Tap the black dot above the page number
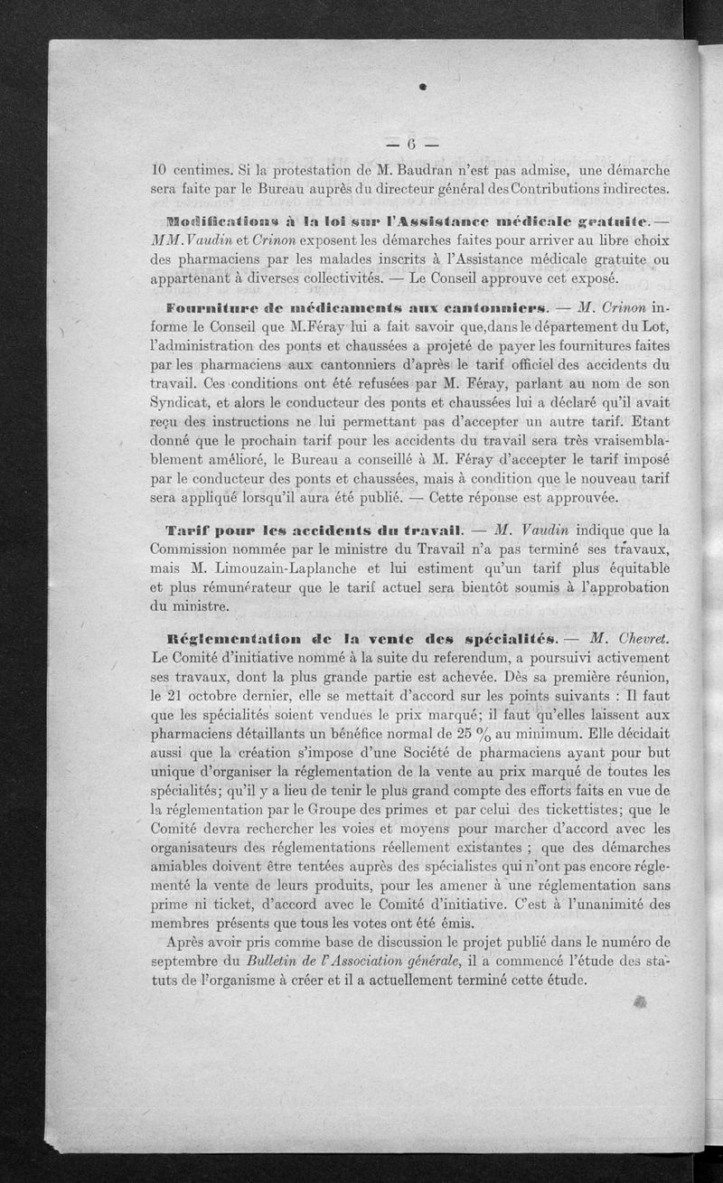(422, 88)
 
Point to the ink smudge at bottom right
(643, 1003)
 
